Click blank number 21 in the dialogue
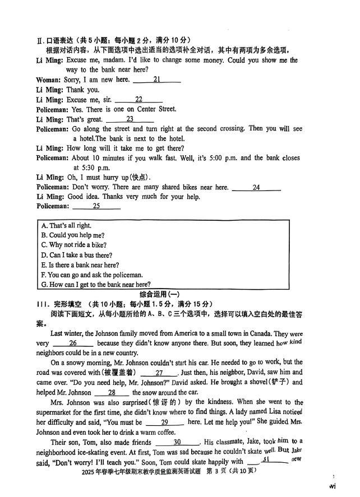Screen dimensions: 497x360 pyautogui.click(x=156, y=80)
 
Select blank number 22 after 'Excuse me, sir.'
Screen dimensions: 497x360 pyautogui.click(x=139, y=100)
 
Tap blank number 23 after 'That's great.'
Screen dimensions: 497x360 pyautogui.click(x=130, y=119)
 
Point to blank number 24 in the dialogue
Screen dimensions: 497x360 pyautogui.click(x=256, y=187)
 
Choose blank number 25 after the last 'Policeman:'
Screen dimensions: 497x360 pyautogui.click(x=96, y=206)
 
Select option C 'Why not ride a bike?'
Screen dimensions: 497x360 pyautogui.click(x=73, y=245)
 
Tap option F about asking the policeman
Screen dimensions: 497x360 pyautogui.click(x=91, y=275)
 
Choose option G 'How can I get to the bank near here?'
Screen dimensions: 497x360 pyautogui.click(x=95, y=285)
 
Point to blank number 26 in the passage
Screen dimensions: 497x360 pyautogui.click(x=73, y=343)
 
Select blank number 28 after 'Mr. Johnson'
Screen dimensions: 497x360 pyautogui.click(x=112, y=393)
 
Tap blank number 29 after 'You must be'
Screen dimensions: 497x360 pyautogui.click(x=164, y=422)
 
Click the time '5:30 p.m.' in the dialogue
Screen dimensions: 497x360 pyautogui.click(x=91, y=168)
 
